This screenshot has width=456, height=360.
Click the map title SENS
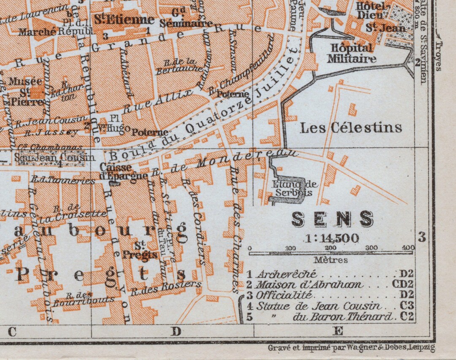coord(333,219)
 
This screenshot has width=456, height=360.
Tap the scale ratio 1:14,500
coord(332,238)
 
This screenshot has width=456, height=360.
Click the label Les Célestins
coord(350,127)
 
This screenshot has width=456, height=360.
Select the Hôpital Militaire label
coord(351,53)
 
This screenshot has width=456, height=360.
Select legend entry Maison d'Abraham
coord(310,284)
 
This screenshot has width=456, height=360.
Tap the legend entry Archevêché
coord(287,274)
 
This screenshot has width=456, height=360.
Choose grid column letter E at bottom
coord(338,331)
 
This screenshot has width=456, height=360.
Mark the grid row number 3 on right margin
coord(421,237)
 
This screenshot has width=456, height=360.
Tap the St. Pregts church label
coord(140,250)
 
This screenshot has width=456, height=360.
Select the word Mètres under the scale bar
coord(331,260)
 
